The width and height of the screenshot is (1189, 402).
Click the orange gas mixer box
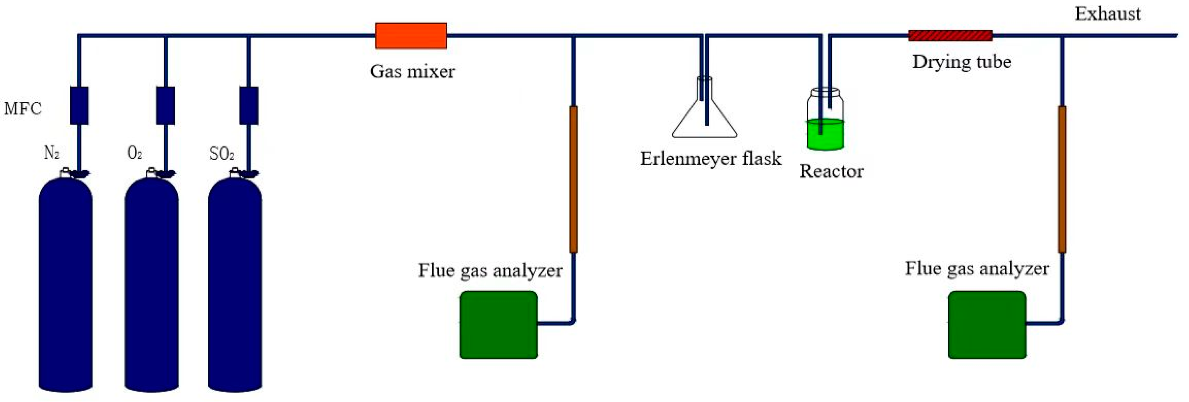coord(411,35)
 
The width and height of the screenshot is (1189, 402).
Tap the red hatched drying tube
coord(950,35)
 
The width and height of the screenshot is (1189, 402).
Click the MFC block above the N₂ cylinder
coord(79,105)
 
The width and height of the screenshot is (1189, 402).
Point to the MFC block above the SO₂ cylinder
coord(249,105)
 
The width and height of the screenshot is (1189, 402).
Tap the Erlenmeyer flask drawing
coord(704,115)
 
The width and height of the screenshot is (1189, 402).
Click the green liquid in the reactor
coord(825,135)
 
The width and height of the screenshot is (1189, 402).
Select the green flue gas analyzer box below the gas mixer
coord(498,324)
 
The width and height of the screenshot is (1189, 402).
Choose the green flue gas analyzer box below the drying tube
coord(987,324)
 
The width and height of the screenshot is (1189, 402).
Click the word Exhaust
coord(1107,14)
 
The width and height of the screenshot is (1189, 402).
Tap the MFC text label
coord(23,109)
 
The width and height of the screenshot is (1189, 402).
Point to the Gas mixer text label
coord(412,71)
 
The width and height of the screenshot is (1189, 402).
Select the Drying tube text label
coord(962,62)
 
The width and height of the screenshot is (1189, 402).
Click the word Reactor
coord(831,171)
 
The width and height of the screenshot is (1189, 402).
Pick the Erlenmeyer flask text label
coord(711,158)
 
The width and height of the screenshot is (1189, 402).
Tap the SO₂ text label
coord(222,154)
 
